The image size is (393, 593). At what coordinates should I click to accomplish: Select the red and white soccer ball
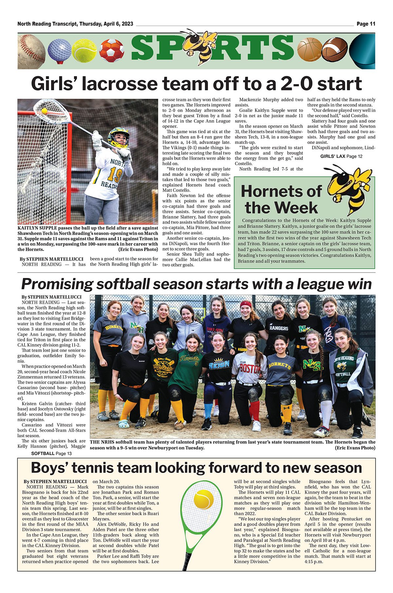[111, 51]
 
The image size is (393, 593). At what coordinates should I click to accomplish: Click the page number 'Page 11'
[366, 24]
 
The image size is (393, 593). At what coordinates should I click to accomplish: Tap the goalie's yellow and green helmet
[119, 136]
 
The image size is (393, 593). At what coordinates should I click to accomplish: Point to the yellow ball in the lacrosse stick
[44, 111]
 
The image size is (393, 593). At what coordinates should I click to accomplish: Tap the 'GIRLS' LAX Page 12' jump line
[341, 156]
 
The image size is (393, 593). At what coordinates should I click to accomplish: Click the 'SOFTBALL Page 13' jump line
[51, 453]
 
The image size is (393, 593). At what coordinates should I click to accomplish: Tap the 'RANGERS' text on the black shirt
[279, 328]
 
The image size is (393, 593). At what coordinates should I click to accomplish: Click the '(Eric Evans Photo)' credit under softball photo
[355, 448]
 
